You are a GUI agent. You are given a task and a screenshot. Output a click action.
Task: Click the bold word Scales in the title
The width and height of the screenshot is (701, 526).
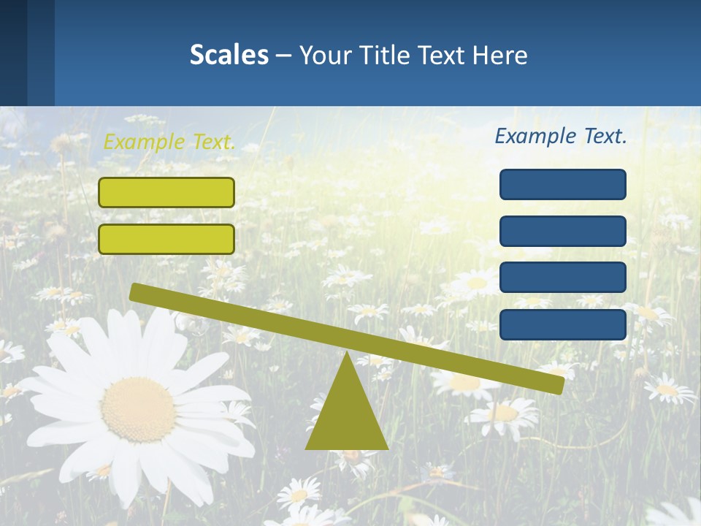pyautogui.click(x=229, y=55)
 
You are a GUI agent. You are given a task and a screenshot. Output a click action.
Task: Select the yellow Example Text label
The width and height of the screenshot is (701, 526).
pyautogui.click(x=169, y=142)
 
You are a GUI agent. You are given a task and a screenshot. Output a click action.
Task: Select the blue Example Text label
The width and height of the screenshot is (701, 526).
pyautogui.click(x=561, y=136)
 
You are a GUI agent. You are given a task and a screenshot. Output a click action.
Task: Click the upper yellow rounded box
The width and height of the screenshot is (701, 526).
pyautogui.click(x=166, y=192)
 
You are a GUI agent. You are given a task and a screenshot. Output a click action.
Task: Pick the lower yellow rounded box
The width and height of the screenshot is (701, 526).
pyautogui.click(x=166, y=239)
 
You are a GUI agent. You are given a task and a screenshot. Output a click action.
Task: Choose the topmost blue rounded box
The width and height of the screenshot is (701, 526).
pyautogui.click(x=563, y=184)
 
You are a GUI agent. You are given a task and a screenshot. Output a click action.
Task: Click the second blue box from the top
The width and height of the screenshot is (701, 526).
pyautogui.click(x=563, y=231)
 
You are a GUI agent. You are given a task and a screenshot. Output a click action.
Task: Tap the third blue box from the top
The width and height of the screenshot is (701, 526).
pyautogui.click(x=563, y=278)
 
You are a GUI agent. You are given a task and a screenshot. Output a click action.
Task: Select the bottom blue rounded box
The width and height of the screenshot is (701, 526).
pyautogui.click(x=563, y=324)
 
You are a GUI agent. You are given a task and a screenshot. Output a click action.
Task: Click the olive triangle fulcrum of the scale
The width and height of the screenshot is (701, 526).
pyautogui.click(x=346, y=416)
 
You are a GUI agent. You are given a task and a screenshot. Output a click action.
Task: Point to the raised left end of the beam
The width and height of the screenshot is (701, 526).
pyautogui.click(x=136, y=292)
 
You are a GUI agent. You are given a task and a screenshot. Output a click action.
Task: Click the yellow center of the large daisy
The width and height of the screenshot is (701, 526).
pyautogui.click(x=137, y=409)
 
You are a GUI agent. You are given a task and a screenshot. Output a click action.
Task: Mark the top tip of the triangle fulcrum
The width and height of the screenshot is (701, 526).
pyautogui.click(x=347, y=354)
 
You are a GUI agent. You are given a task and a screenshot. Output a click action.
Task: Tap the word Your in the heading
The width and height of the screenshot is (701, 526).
pyautogui.click(x=323, y=55)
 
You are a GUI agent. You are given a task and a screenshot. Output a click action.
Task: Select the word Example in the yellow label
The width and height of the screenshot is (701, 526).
pyautogui.click(x=143, y=142)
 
